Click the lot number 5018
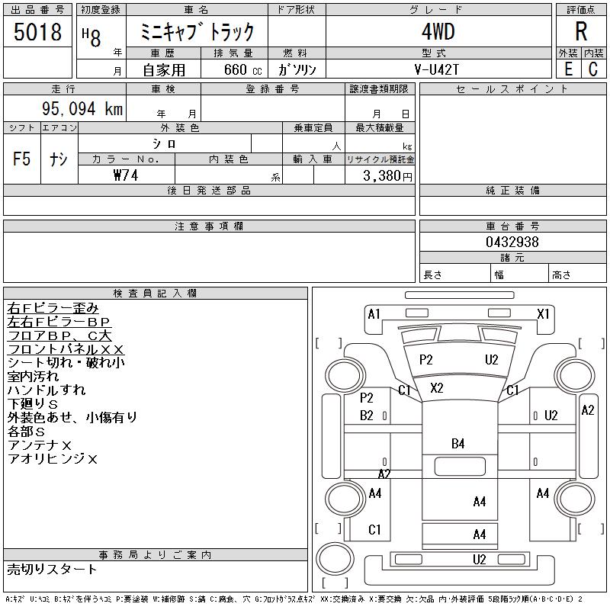pyautogui.click(x=37, y=32)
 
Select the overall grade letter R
pyautogui.click(x=581, y=31)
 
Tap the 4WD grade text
pyautogui.click(x=438, y=31)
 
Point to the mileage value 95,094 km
pyautogui.click(x=82, y=108)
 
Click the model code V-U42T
pyautogui.click(x=436, y=69)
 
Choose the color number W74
pyautogui.click(x=126, y=175)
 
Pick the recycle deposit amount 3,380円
pyautogui.click(x=387, y=176)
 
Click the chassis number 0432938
pyautogui.click(x=512, y=242)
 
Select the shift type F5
pyautogui.click(x=22, y=159)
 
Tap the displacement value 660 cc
pyautogui.click(x=242, y=70)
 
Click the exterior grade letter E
pyautogui.click(x=568, y=69)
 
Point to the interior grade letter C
pyautogui.click(x=593, y=69)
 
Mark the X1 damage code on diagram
pyautogui.click(x=543, y=313)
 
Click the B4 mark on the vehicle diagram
pyautogui.click(x=458, y=444)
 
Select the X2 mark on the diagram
pyautogui.click(x=436, y=388)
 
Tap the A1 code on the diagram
pyautogui.click(x=374, y=313)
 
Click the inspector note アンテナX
pyautogui.click(x=40, y=445)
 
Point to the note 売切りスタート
pyautogui.click(x=52, y=570)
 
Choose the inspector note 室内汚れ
pyautogui.click(x=33, y=376)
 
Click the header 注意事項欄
pyautogui.click(x=209, y=226)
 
